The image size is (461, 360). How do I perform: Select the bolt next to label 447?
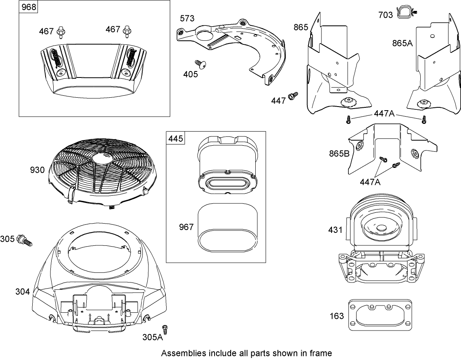click(x=292, y=96)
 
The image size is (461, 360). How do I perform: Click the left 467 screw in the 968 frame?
click(x=62, y=30)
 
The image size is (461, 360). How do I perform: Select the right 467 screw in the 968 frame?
click(x=127, y=30)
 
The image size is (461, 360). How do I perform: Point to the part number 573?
click(x=187, y=18)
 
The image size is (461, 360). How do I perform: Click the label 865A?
click(x=402, y=43)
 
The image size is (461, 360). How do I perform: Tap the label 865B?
click(x=338, y=154)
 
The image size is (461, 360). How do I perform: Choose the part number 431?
click(x=335, y=230)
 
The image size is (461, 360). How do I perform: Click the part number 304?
click(x=23, y=291)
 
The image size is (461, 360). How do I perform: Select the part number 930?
click(x=38, y=170)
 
